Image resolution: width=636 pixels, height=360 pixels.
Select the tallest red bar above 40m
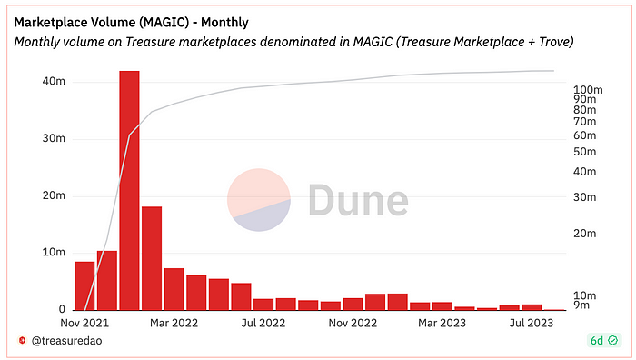pyautogui.click(x=129, y=190)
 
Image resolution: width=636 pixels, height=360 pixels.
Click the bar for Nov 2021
pyautogui.click(x=84, y=285)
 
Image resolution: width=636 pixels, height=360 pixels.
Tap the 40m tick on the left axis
pyautogui.click(x=54, y=82)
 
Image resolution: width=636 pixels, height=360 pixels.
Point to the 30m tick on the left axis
pyautogui.click(x=54, y=139)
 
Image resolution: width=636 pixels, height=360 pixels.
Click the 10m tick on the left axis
pyautogui.click(x=54, y=253)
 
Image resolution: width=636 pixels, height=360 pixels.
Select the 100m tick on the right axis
pyautogui.click(x=588, y=90)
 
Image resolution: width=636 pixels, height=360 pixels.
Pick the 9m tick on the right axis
pyautogui.click(x=583, y=306)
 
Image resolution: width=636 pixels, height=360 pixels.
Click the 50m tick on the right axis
pyautogui.click(x=584, y=149)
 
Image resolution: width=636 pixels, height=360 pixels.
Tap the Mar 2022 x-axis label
pyautogui.click(x=173, y=323)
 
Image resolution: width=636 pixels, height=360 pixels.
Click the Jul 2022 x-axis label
pyautogui.click(x=263, y=323)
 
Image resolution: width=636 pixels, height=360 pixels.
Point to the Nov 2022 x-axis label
pyautogui.click(x=353, y=323)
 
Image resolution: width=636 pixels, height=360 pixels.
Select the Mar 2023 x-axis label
pyautogui.click(x=442, y=323)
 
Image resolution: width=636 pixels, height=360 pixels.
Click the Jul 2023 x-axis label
pyautogui.click(x=532, y=323)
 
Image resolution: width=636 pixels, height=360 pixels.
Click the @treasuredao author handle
pyautogui.click(x=64, y=340)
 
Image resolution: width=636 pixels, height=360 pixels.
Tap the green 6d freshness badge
pyautogui.click(x=602, y=340)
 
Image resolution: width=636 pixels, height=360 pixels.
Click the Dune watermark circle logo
pyautogui.click(x=258, y=199)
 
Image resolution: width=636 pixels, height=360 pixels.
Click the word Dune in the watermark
pyautogui.click(x=357, y=200)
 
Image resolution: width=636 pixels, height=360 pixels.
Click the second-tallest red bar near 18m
pyautogui.click(x=152, y=258)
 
